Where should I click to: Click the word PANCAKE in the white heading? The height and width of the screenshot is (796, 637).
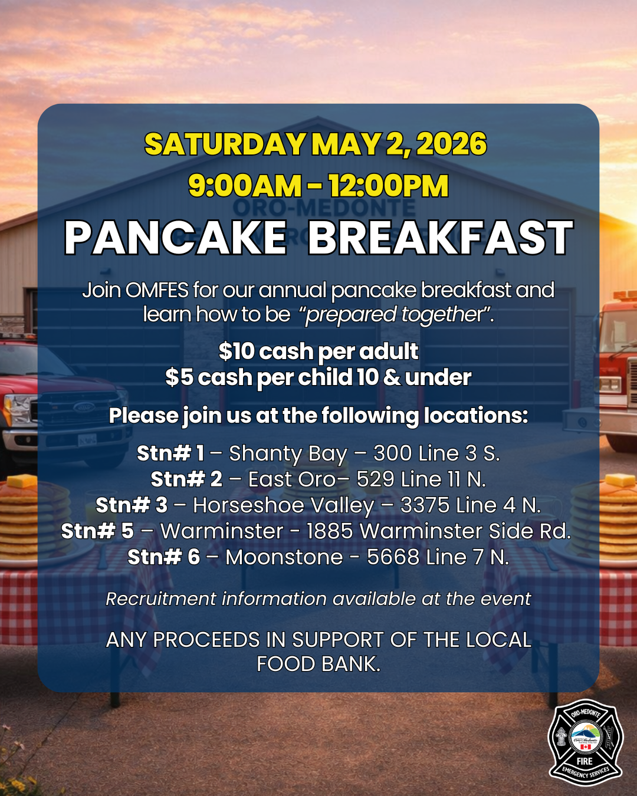point(175,238)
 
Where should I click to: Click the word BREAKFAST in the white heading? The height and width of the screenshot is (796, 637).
point(441,238)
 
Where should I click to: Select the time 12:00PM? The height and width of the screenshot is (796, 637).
point(389,186)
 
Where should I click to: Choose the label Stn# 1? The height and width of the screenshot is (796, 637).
point(170,453)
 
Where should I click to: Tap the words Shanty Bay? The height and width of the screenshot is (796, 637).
point(288,454)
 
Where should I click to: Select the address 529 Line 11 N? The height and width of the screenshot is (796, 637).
point(421,479)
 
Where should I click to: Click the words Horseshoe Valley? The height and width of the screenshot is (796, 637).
point(284,506)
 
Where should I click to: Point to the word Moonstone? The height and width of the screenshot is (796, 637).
point(284,557)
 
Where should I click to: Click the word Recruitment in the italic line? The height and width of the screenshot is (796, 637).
point(161,599)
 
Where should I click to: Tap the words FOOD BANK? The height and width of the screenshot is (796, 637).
point(318,664)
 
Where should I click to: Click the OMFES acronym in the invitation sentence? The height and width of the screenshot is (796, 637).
point(157,290)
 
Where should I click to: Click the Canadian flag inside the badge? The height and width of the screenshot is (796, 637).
point(586,747)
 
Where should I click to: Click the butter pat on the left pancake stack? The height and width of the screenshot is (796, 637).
point(22,481)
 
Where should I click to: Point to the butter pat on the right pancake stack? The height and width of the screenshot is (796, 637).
point(620,481)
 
